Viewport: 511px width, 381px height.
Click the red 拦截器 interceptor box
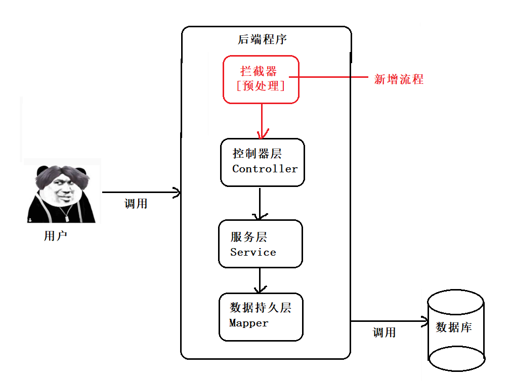[x=261, y=79]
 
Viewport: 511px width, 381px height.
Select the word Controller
[x=265, y=169]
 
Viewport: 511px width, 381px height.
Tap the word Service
[x=253, y=252]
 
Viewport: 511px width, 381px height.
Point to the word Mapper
[x=248, y=323]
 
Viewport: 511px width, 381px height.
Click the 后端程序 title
[x=263, y=39]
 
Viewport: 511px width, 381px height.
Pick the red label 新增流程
[x=399, y=79]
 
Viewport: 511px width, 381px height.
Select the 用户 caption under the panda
[x=56, y=236]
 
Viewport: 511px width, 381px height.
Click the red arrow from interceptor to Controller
[x=262, y=121]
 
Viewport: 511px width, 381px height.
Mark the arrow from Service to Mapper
[x=260, y=280]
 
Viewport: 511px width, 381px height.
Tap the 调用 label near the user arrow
[x=136, y=204]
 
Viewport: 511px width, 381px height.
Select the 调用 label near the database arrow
[x=384, y=332]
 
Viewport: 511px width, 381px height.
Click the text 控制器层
[x=257, y=154]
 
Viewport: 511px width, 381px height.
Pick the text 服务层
[x=248, y=237]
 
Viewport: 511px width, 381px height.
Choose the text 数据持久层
[x=260, y=308]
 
